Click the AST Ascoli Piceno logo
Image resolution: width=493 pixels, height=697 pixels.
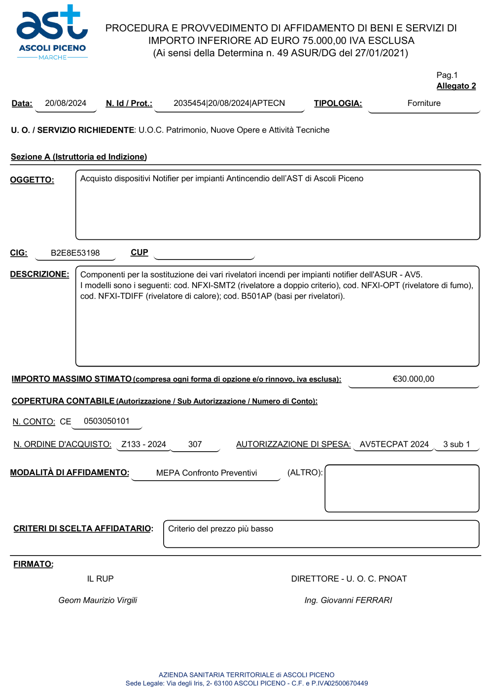click(52, 33)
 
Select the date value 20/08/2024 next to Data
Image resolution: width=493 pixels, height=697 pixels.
click(66, 103)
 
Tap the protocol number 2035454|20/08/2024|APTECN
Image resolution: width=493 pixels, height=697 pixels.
click(229, 103)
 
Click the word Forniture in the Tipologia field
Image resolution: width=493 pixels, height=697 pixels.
click(424, 103)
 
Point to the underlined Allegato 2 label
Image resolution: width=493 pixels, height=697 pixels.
click(456, 86)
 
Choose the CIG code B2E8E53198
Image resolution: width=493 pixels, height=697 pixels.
click(75, 253)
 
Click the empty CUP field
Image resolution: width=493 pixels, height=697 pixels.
click(204, 253)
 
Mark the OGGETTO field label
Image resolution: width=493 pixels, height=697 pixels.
click(32, 180)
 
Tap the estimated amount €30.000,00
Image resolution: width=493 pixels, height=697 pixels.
click(413, 379)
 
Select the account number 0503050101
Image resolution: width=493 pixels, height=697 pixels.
click(106, 421)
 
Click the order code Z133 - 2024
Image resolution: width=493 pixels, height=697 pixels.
click(143, 444)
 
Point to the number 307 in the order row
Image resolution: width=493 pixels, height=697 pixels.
click(195, 444)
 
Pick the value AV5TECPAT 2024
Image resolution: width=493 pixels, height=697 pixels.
click(394, 444)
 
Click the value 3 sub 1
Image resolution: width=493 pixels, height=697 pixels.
click(457, 444)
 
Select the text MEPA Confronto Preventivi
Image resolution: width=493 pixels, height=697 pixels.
click(207, 473)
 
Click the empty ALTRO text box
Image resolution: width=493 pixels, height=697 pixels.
click(402, 488)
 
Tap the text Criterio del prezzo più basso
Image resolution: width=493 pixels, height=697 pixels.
click(220, 529)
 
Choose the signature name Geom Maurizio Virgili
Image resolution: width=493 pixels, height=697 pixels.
click(98, 600)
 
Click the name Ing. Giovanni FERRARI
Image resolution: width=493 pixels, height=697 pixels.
click(348, 600)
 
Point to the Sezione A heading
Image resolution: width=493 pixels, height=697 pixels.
click(79, 157)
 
